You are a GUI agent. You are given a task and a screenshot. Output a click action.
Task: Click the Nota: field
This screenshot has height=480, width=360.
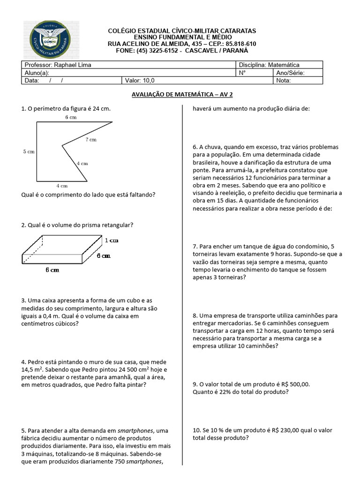click(x=284, y=80)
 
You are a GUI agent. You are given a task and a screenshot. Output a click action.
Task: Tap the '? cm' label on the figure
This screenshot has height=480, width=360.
click(x=90, y=140)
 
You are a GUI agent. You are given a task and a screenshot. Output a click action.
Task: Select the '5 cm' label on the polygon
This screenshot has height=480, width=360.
click(x=30, y=151)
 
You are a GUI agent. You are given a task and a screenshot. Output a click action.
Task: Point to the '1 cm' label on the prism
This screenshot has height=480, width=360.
click(x=111, y=240)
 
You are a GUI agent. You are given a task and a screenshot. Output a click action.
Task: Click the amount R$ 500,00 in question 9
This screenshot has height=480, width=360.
click(x=294, y=384)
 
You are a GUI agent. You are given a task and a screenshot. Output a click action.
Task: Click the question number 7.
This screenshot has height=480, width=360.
click(x=195, y=247)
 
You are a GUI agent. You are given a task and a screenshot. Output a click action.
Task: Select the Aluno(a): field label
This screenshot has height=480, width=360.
click(x=37, y=73)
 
